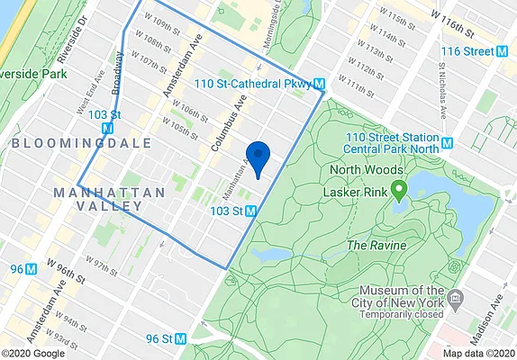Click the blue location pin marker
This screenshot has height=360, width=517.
pos(258,157)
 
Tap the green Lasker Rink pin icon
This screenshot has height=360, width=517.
pos(398,189)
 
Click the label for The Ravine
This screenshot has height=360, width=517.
pos(376,245)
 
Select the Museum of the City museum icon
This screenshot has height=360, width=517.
pos(456,298)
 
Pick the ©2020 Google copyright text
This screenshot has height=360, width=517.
pos(33,354)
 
